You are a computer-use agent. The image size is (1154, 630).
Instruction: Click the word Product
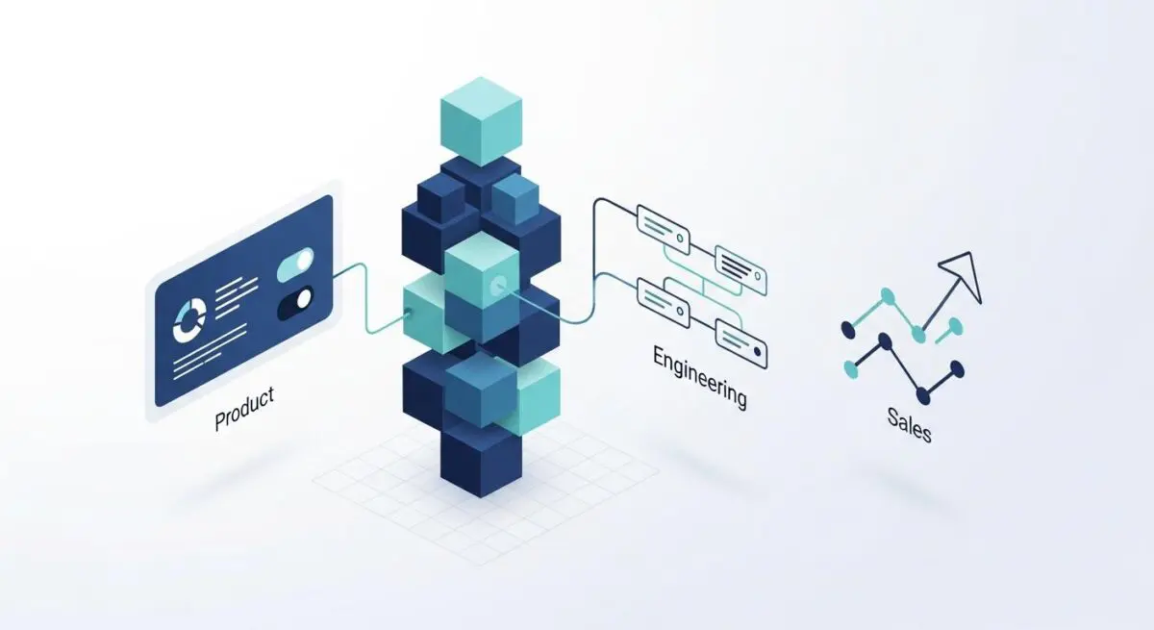(x=244, y=409)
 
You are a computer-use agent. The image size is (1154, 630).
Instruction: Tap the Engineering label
(x=700, y=377)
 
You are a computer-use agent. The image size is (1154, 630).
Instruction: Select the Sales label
(x=910, y=424)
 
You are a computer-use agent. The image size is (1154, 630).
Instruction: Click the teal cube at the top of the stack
(x=481, y=121)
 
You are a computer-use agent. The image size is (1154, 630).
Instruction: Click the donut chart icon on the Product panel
(x=189, y=320)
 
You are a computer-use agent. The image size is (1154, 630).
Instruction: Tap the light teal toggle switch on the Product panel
(x=295, y=265)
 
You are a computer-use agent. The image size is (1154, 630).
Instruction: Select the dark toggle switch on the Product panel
(x=295, y=303)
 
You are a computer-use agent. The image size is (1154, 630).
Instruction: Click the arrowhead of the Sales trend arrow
(x=963, y=274)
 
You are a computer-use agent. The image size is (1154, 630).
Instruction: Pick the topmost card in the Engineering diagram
(x=664, y=229)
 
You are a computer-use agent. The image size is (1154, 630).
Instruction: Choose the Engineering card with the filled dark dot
(x=741, y=343)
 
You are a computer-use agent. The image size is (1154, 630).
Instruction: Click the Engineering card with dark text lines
(x=740, y=270)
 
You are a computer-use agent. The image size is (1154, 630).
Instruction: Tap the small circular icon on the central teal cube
(x=498, y=286)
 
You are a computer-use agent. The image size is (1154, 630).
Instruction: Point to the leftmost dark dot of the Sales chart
(x=848, y=330)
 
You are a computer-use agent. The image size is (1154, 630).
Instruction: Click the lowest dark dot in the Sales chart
(x=923, y=395)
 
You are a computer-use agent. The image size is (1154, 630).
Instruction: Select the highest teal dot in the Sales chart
(x=887, y=295)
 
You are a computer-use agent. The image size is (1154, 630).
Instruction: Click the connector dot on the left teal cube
(x=409, y=312)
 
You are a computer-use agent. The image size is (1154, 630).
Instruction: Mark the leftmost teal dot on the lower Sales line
(x=851, y=368)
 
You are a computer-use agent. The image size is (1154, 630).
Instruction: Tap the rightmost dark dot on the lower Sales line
(x=957, y=368)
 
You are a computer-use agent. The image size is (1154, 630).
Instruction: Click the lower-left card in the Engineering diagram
(x=664, y=303)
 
